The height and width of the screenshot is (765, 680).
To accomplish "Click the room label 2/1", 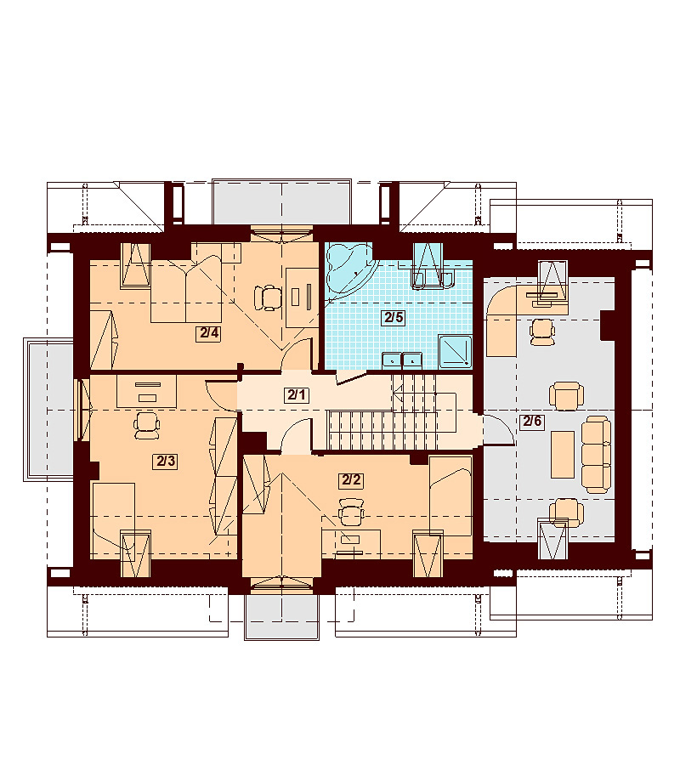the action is tap(296, 394).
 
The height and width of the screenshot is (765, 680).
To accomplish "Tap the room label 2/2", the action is tap(351, 480).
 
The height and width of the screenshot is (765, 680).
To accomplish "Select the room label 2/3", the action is tap(166, 461).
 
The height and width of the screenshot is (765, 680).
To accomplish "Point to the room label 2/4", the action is tap(208, 334).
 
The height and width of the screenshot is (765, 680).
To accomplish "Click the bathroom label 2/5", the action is tap(394, 318).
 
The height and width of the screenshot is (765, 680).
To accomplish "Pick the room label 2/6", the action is tap(532, 421).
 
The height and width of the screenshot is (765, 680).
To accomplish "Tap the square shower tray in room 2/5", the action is tap(455, 351).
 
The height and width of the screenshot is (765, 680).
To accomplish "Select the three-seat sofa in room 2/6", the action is tap(597, 454).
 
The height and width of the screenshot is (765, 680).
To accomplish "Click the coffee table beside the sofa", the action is tap(563, 454).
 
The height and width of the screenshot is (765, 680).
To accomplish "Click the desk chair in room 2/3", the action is tap(147, 426).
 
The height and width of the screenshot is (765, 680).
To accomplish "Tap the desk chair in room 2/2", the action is tap(352, 512).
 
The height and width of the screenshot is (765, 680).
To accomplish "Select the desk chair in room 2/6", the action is tap(542, 332).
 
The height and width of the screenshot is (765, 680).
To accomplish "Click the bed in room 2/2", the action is tap(450, 496).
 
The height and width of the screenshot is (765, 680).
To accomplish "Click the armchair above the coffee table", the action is tap(566, 396).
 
